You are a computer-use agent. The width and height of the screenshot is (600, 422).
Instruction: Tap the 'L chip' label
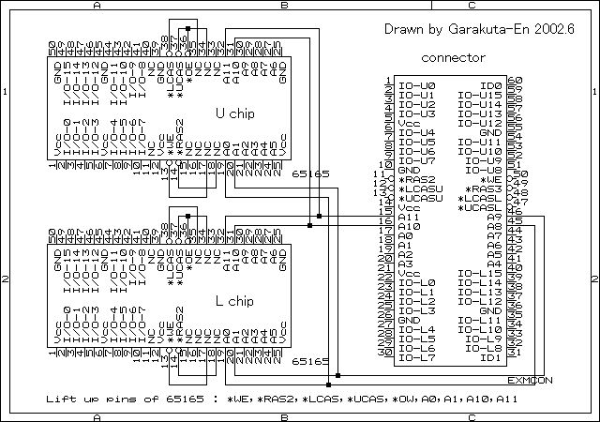click(x=234, y=301)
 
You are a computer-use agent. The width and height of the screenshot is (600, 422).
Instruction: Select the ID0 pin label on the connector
click(x=490, y=85)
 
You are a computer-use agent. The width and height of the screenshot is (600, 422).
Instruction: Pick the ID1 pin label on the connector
click(x=490, y=357)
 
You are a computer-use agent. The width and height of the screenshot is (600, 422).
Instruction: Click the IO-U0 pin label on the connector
click(x=416, y=85)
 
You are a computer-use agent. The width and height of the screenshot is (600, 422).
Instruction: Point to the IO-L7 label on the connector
click(x=416, y=357)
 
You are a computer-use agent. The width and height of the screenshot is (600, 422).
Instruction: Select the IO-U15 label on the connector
click(x=480, y=95)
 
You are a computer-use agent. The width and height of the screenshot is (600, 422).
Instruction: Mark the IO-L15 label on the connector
click(x=480, y=273)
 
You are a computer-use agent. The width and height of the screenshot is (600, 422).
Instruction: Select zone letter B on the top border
click(x=284, y=6)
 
